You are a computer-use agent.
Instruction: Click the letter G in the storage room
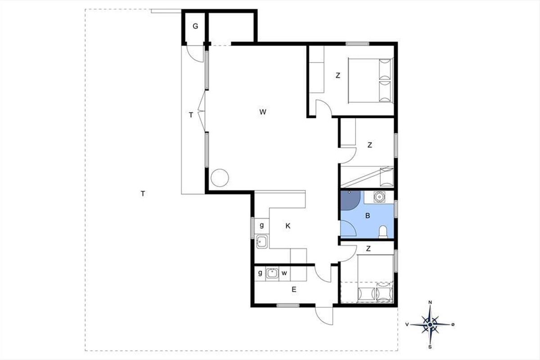click(x=195, y=26)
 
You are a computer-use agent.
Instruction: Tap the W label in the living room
click(x=263, y=112)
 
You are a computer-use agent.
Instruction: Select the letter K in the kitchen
click(x=288, y=226)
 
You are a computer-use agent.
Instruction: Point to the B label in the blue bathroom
click(x=368, y=216)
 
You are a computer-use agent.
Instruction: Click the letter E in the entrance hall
click(x=294, y=290)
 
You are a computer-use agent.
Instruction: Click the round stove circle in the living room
click(x=220, y=178)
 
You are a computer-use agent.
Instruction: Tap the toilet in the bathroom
click(x=383, y=232)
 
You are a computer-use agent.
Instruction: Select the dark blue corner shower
click(x=350, y=200)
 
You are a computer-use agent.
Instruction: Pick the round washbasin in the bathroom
click(x=379, y=197)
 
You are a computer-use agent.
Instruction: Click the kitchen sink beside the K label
click(x=262, y=241)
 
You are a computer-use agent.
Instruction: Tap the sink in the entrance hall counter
click(x=272, y=274)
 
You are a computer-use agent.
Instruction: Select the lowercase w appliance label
click(x=284, y=273)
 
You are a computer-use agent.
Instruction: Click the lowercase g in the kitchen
click(x=261, y=225)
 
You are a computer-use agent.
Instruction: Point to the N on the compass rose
click(x=430, y=302)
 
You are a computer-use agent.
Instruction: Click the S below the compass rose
click(x=430, y=347)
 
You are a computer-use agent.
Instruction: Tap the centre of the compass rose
click(x=430, y=325)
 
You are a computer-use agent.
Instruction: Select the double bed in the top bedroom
click(x=371, y=80)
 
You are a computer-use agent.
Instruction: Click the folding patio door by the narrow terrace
click(x=202, y=112)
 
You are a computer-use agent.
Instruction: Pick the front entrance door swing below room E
click(x=324, y=315)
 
